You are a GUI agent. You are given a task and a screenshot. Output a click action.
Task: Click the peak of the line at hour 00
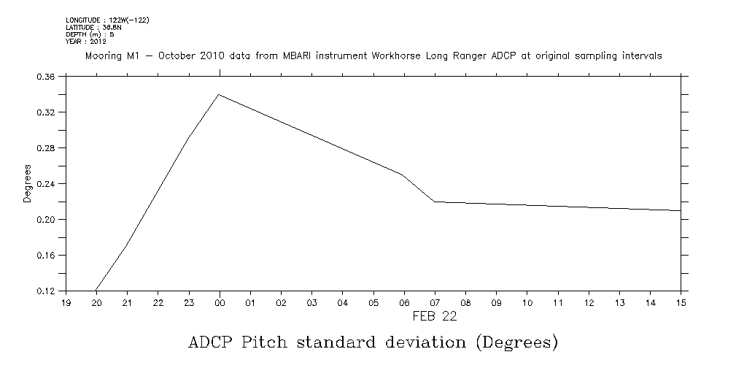[x=218, y=94]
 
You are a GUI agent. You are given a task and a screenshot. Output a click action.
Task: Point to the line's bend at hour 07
[x=434, y=202]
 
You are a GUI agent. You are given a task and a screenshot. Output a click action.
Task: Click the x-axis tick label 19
[x=66, y=302]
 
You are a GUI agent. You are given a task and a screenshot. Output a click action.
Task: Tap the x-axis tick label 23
[x=188, y=302]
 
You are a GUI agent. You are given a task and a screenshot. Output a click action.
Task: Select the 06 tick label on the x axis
[x=403, y=302]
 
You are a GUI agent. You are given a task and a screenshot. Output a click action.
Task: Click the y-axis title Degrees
[x=27, y=184]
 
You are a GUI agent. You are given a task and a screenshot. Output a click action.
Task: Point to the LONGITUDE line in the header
[x=107, y=20]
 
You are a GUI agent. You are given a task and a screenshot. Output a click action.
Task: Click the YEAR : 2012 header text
[x=86, y=42]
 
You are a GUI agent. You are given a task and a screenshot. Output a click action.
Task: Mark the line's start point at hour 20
[x=96, y=291]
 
